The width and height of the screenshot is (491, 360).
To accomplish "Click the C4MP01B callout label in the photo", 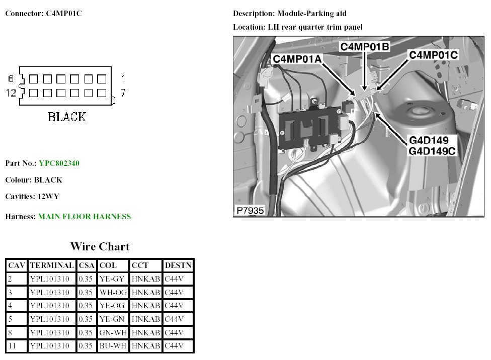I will point(365,47).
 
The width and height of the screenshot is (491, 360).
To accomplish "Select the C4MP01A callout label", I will point(297,59).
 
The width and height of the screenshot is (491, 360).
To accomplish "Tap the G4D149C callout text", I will point(432,150).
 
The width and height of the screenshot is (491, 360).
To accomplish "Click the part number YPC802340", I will point(59,163).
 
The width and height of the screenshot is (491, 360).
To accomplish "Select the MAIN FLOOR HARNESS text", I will point(85,217).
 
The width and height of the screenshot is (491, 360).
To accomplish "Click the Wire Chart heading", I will point(100,246).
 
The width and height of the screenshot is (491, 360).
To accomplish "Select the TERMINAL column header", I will point(52,265).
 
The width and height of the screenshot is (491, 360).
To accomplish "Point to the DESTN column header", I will point(178,265).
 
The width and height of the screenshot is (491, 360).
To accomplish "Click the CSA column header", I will point(87,265).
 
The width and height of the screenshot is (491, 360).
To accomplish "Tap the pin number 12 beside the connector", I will point(11,93).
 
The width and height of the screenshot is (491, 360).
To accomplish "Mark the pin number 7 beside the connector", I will point(122,93).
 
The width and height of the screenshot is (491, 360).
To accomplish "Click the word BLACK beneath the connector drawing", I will point(67,117).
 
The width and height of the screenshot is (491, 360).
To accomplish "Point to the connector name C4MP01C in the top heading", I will point(60,14).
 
